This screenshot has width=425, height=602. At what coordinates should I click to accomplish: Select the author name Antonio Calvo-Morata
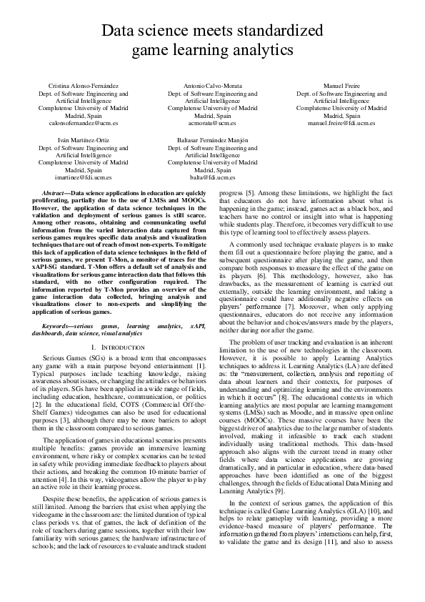(212, 86)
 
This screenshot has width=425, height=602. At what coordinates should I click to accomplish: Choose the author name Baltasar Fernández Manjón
(212, 141)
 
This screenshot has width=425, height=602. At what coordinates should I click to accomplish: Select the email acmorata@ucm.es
(212, 123)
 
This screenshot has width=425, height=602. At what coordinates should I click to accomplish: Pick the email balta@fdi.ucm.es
(212, 178)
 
